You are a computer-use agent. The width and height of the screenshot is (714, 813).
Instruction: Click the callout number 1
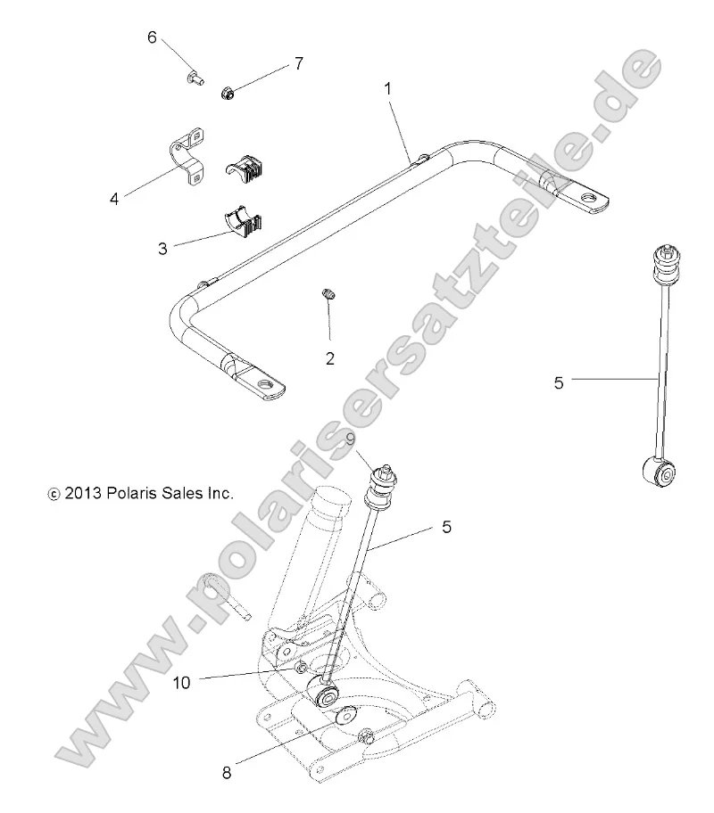387,89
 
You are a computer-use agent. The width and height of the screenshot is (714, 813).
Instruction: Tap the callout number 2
330,359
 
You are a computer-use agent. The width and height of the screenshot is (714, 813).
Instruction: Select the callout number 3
162,249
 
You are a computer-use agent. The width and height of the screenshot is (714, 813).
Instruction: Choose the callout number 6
152,37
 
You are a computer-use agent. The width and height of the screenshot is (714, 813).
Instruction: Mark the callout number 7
298,63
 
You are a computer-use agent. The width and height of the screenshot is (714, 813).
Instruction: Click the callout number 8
227,773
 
